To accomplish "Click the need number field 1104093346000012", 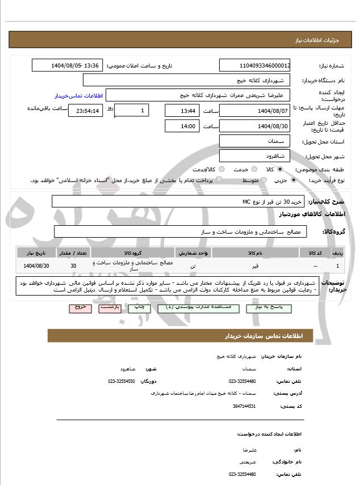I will (x=255, y=66).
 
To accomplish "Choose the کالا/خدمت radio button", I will (x=221, y=169).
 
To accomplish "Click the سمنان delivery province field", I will (x=255, y=140).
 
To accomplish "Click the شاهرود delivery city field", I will (x=255, y=155).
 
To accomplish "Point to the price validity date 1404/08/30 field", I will (x=255, y=125).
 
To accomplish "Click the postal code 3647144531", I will (x=244, y=406).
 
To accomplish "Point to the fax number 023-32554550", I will (x=122, y=381).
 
